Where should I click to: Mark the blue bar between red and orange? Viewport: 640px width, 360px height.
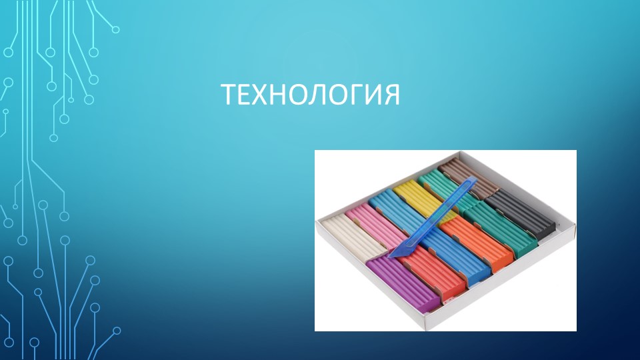pyautogui.click(x=460, y=257)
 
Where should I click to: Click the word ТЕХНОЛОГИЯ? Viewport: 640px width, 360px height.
pyautogui.click(x=311, y=95)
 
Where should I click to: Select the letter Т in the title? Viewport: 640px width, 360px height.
pyautogui.click(x=230, y=95)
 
